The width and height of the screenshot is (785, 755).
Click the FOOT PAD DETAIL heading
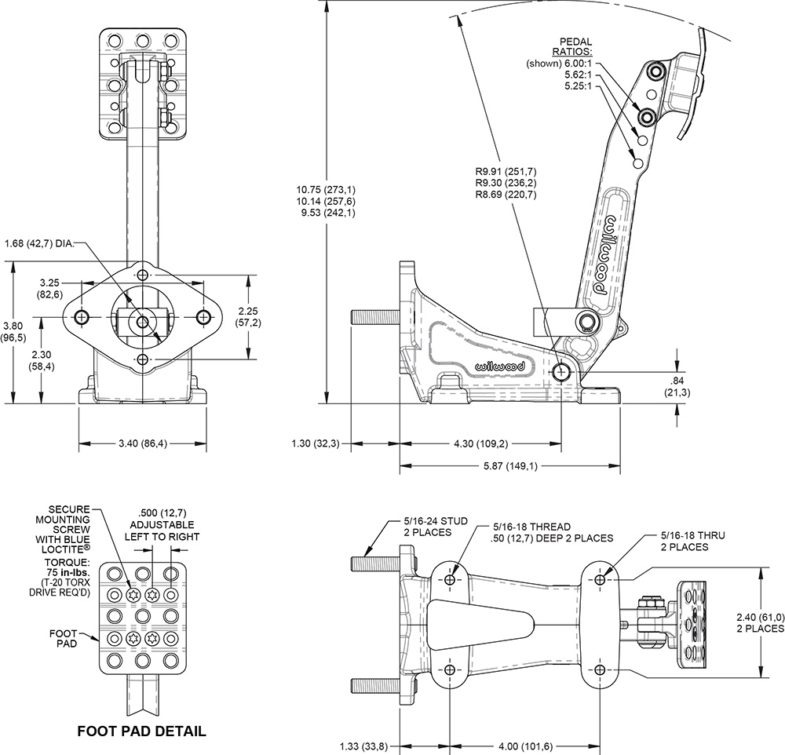(x=141, y=731)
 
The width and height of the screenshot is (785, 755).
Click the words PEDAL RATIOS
(x=575, y=47)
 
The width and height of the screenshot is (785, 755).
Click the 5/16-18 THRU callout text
(x=692, y=541)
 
